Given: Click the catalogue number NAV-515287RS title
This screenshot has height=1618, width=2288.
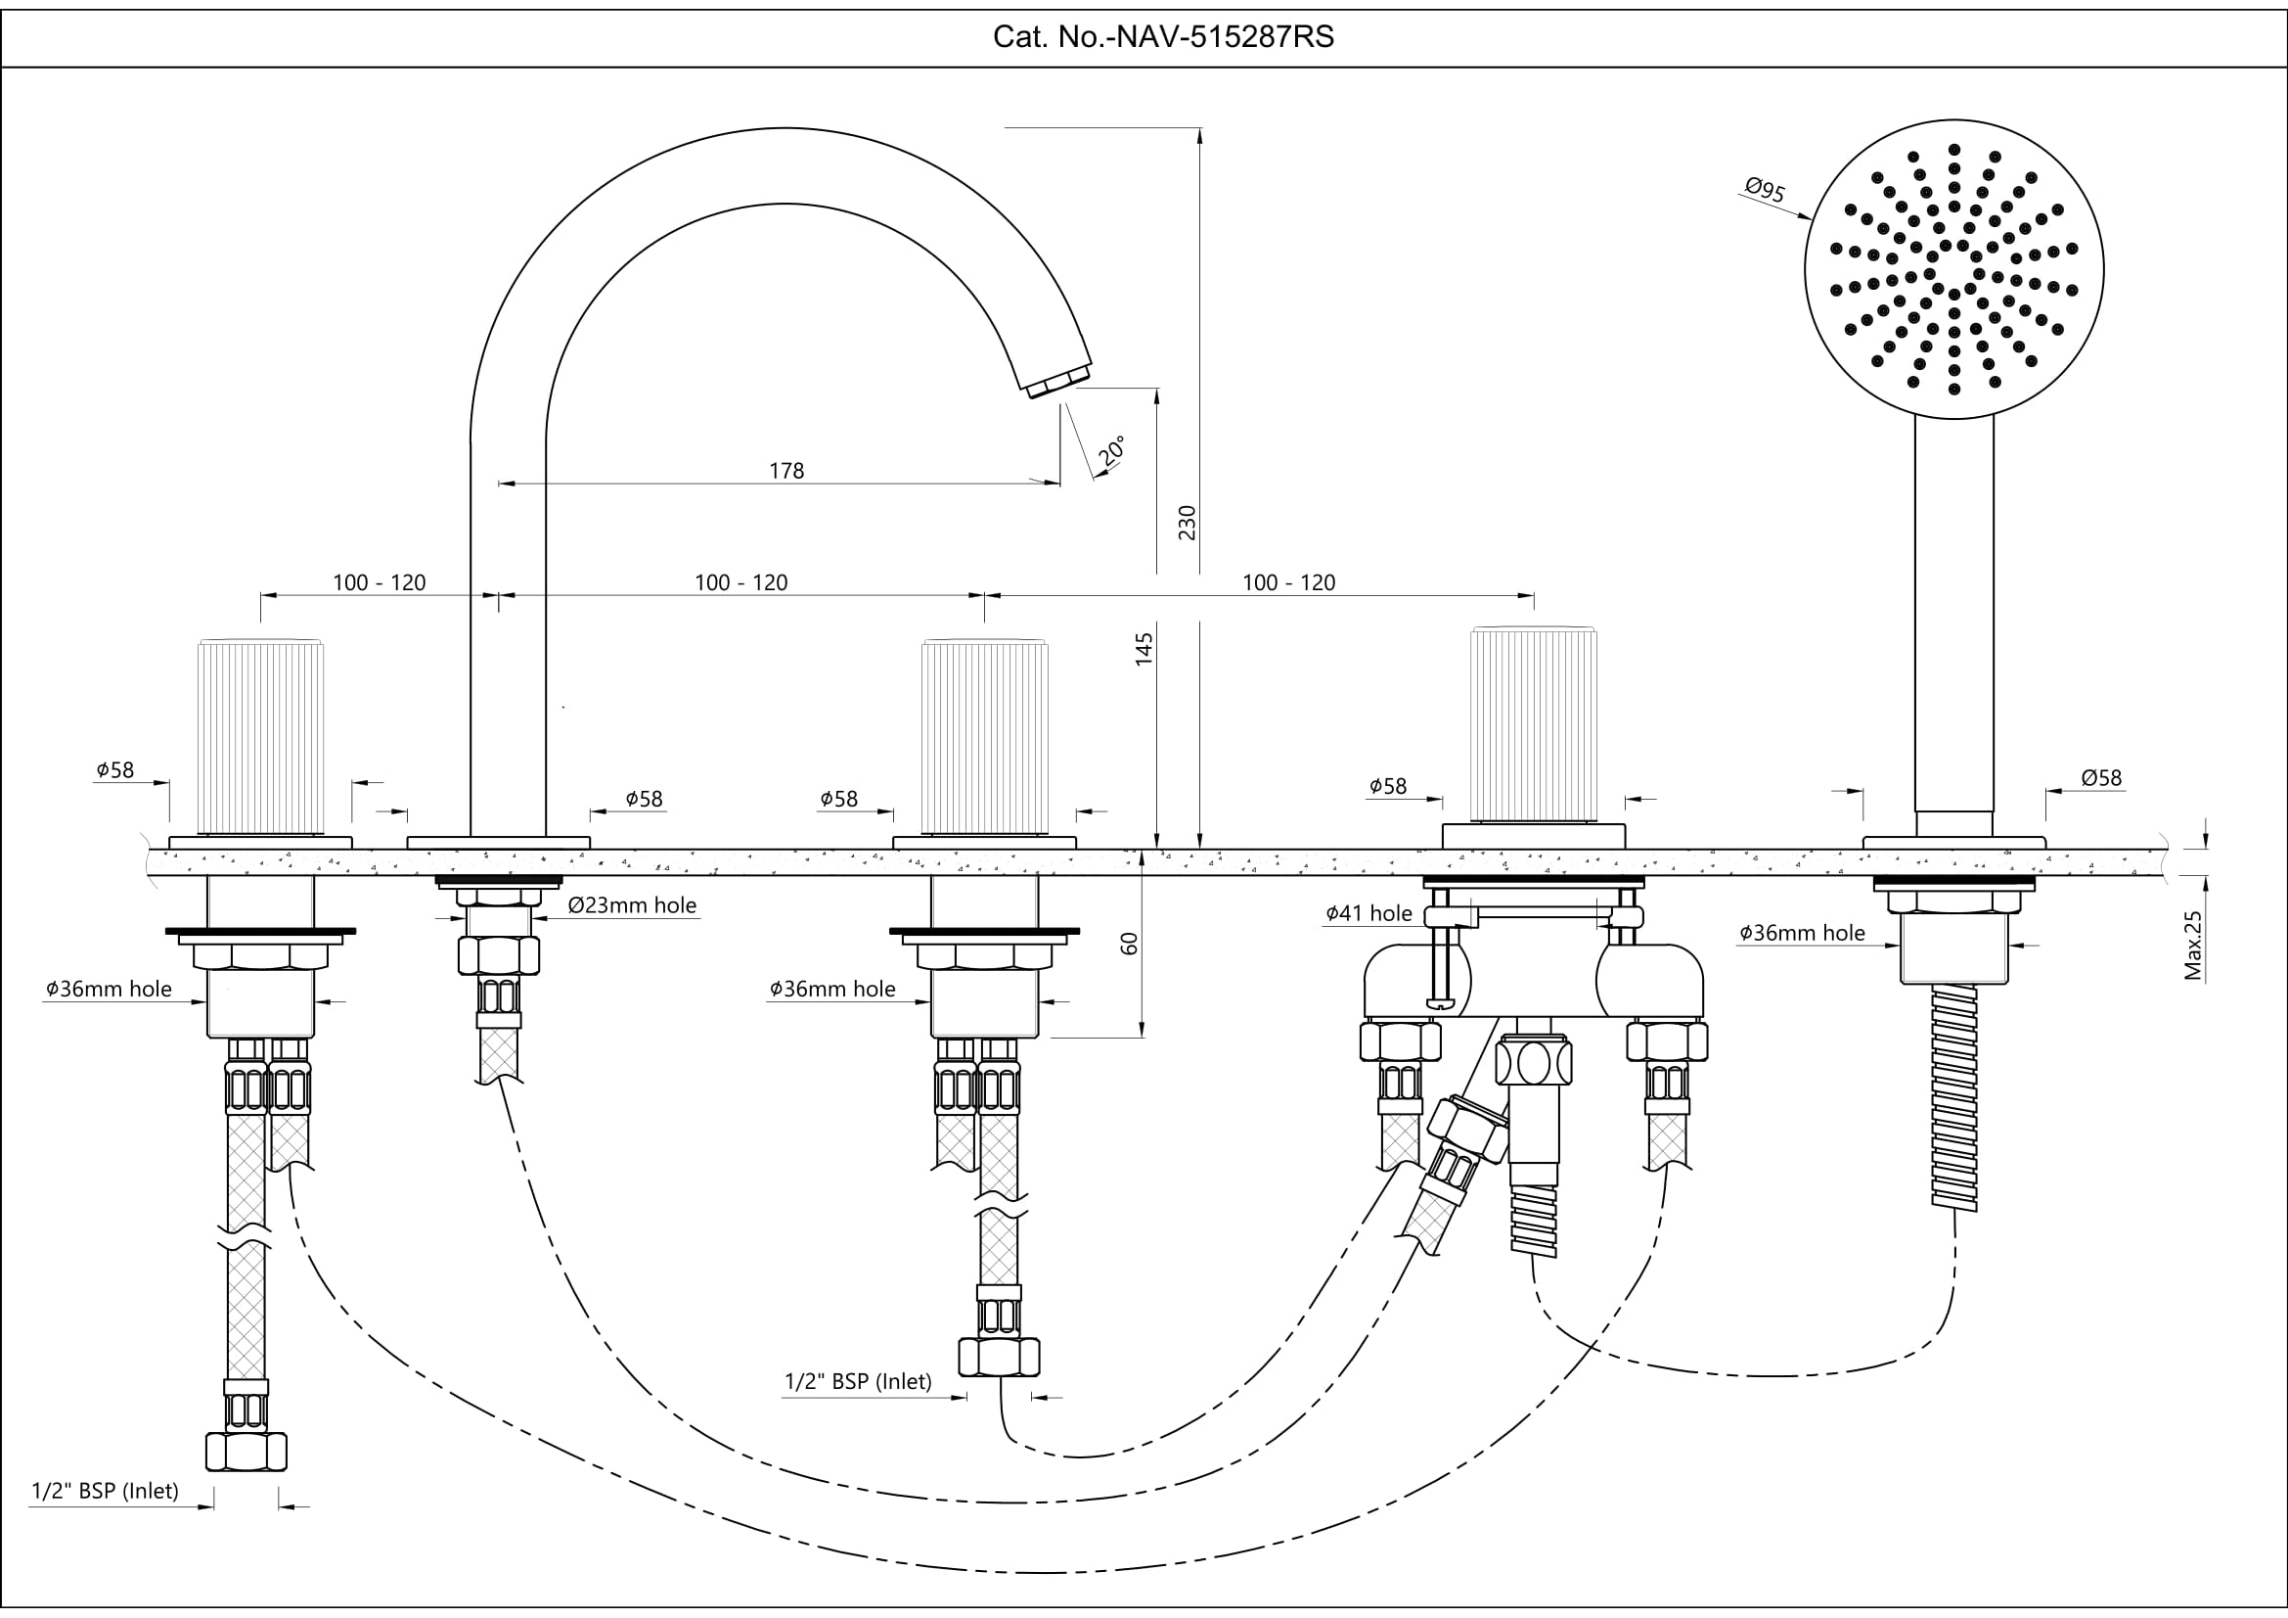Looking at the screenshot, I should (x=1163, y=37).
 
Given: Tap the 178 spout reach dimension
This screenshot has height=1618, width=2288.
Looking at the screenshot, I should (x=786, y=471).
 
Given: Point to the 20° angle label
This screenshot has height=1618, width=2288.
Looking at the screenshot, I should (x=1113, y=450).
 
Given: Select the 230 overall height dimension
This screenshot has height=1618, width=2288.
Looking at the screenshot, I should (x=1187, y=523).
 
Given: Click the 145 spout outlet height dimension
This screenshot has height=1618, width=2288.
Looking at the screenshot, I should (x=1144, y=649).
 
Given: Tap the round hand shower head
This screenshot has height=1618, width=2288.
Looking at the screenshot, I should (x=1953, y=269).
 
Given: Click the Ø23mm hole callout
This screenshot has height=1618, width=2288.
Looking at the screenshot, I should (x=632, y=905).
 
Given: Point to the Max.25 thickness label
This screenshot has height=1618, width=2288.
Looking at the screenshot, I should (x=2193, y=946).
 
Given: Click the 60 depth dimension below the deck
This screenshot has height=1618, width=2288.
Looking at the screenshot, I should (x=1129, y=943).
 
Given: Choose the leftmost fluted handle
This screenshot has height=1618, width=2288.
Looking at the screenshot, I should (x=261, y=736).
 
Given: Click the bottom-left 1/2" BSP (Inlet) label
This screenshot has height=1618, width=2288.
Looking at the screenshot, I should (x=106, y=1491).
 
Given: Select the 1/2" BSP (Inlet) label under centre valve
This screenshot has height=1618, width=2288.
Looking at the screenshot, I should (x=858, y=1381).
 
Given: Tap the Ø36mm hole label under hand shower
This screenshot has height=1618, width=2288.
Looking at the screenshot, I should (x=1802, y=933).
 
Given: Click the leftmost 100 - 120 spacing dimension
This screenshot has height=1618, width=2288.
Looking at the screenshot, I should (x=379, y=582).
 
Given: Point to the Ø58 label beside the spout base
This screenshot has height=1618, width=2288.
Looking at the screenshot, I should (x=644, y=799).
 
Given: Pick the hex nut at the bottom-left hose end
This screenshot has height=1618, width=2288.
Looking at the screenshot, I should (x=247, y=1451).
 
